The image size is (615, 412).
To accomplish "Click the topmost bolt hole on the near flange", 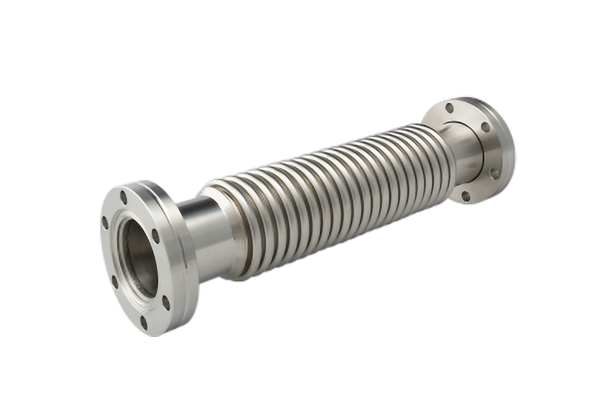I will [x=124, y=197].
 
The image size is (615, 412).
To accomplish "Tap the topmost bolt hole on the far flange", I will [x=450, y=108].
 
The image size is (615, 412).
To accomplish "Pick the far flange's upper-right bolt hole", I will [x=485, y=127].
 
